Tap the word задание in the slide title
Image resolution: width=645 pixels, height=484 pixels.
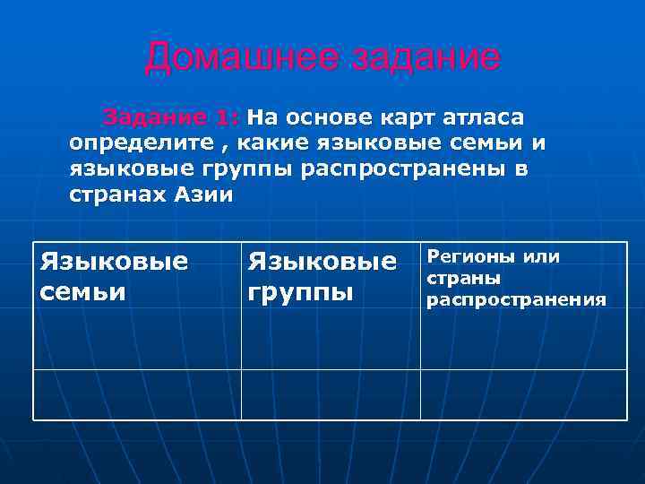pyautogui.click(x=425, y=58)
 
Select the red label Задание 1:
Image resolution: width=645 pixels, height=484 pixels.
pyautogui.click(x=171, y=117)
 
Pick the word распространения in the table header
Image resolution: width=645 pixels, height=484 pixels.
pyautogui.click(x=515, y=299)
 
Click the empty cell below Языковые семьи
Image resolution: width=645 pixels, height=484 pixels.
pyautogui.click(x=137, y=394)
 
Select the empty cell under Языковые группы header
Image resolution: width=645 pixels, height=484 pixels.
pyautogui.click(x=331, y=394)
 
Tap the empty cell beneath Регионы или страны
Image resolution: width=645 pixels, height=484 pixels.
pyautogui.click(x=523, y=394)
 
